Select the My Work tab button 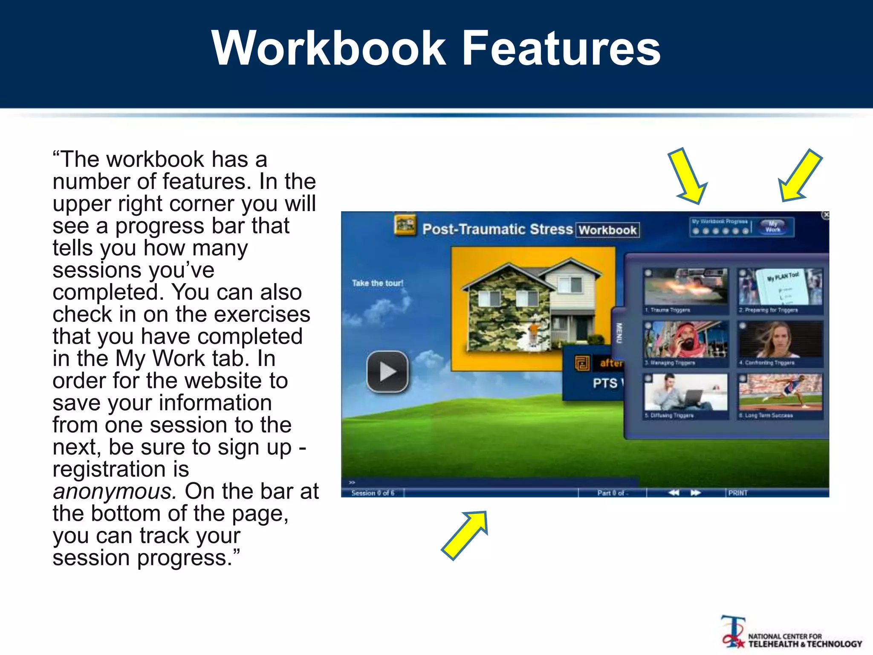click(773, 226)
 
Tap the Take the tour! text click(377, 283)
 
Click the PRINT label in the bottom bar click(738, 493)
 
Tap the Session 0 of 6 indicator click(373, 493)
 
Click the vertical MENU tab click(619, 333)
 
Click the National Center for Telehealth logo click(791, 637)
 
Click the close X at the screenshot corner click(826, 215)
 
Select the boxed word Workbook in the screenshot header click(607, 230)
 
